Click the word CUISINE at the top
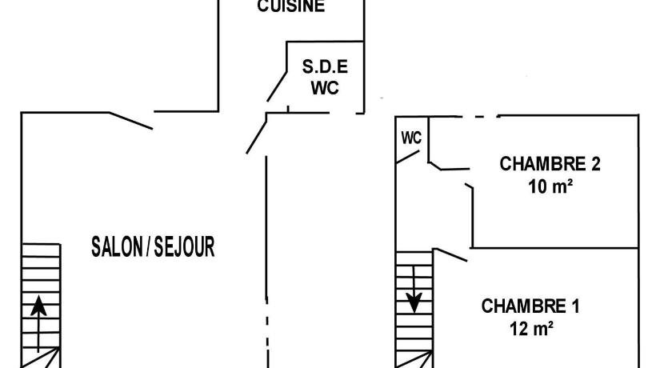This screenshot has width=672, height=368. point(291,7)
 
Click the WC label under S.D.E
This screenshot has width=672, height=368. point(325,87)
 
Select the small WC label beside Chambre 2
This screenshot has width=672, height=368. point(411,138)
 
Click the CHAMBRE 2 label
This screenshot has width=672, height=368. point(550,164)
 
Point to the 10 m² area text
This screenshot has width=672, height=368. point(550,186)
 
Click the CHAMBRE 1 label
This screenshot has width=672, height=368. point(530,306)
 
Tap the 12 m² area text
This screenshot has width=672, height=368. point(530,328)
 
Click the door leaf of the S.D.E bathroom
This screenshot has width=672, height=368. point(277,86)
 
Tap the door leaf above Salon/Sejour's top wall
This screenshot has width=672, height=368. point(130,120)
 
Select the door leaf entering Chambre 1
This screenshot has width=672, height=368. point(451,254)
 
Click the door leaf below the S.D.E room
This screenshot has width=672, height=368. point(256,133)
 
